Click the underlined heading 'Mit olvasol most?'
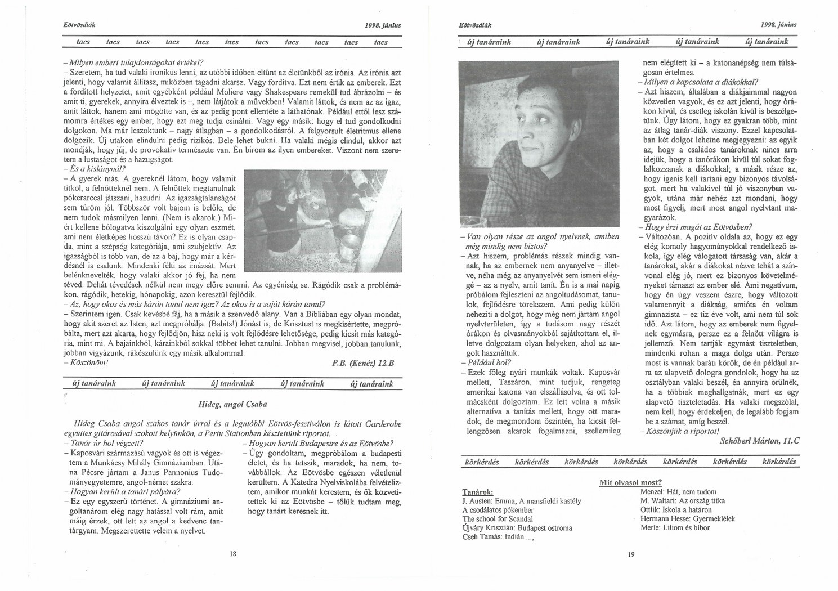tap(630, 482)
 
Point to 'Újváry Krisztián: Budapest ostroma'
tap(517, 527)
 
